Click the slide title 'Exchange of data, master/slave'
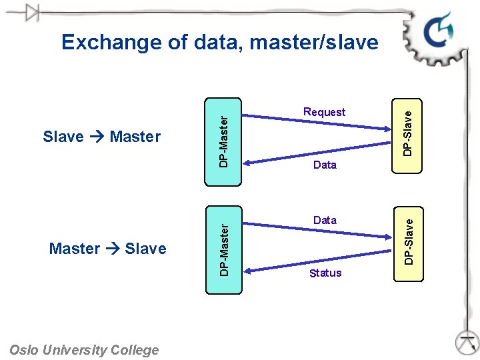point(219,43)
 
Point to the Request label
point(324,112)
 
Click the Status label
point(325,273)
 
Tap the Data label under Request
point(325,165)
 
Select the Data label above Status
point(325,220)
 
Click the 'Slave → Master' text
point(101,137)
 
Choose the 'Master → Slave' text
point(107,249)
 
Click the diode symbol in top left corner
point(31,13)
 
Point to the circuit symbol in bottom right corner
point(467,341)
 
